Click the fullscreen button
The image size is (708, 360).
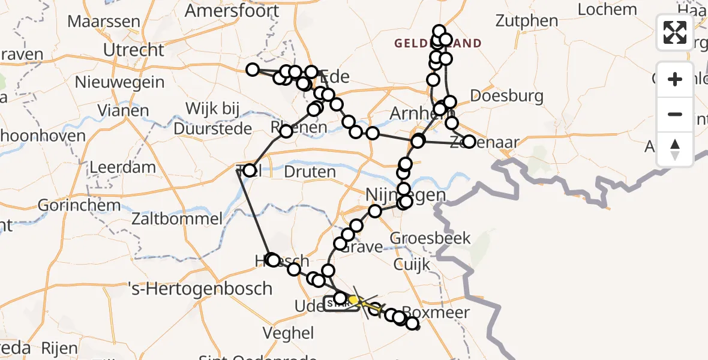675,32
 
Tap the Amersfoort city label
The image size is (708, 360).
232,11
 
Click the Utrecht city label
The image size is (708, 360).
133,50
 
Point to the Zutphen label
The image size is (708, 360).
527,20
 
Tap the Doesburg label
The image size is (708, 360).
507,95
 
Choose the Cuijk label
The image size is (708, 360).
412,264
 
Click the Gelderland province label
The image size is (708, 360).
438,43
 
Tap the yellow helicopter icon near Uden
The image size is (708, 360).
355,299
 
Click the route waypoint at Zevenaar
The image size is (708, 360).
469,142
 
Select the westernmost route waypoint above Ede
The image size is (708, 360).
253,70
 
